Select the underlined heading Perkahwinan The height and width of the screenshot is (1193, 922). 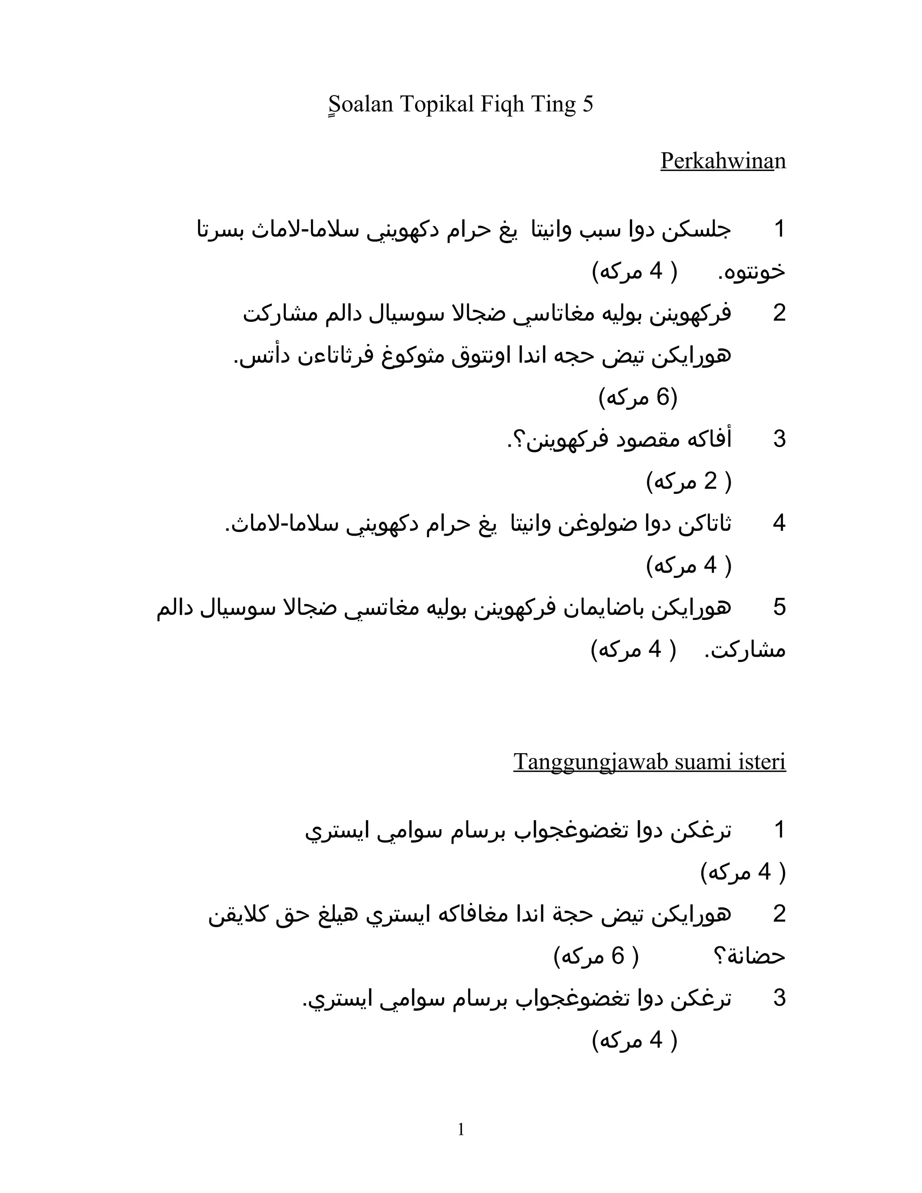723,161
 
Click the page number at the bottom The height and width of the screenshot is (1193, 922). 461,1129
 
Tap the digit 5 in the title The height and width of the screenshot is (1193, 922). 588,104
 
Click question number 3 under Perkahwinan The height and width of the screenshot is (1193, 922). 779,439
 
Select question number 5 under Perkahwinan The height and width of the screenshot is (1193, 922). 779,607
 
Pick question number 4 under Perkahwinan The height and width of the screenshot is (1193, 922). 779,523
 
